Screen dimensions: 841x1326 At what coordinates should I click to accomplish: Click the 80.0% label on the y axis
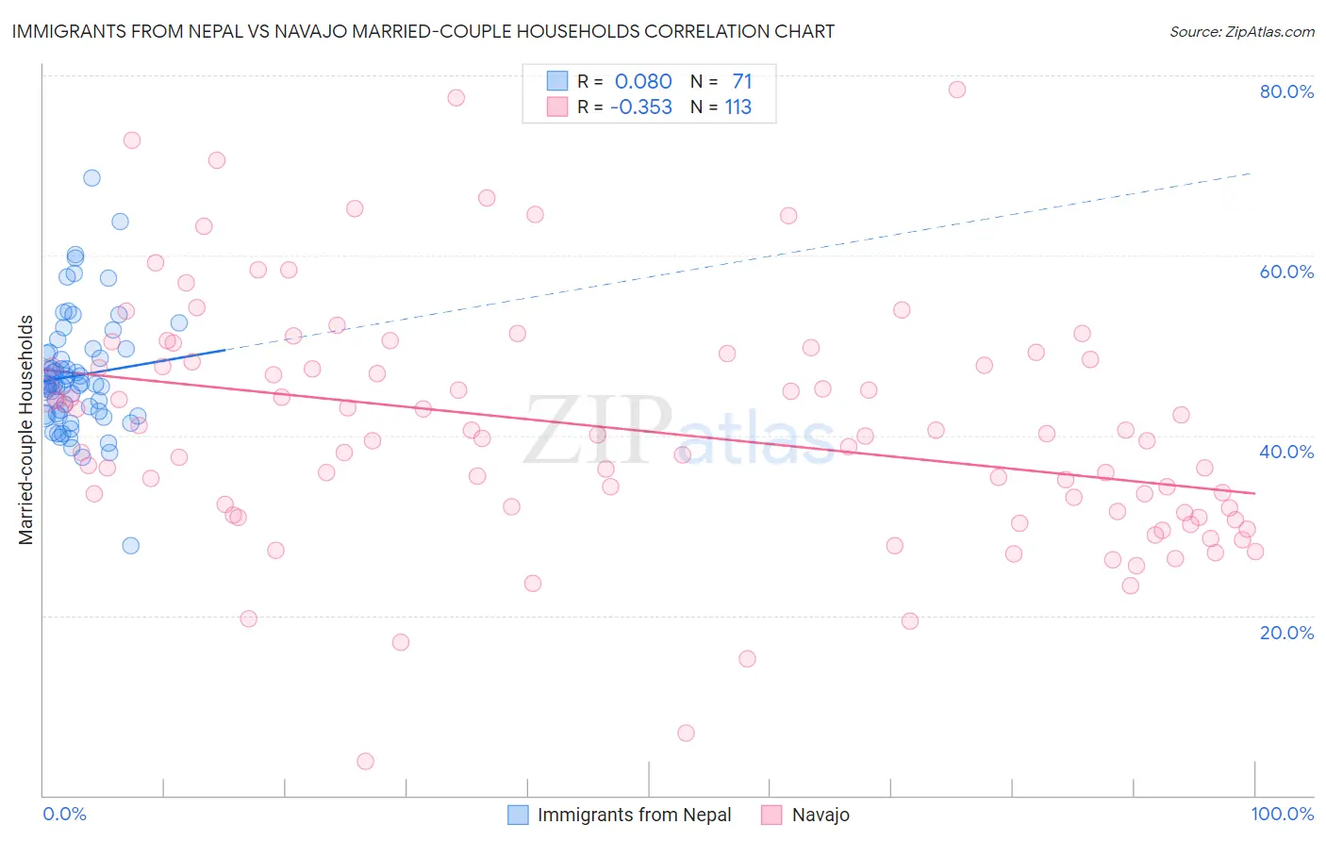tap(1286, 91)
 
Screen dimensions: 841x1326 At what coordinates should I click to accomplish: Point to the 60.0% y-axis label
tap(1286, 272)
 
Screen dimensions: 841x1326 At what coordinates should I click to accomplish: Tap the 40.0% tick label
tap(1286, 452)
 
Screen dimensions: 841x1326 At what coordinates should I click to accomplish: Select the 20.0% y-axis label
tap(1286, 632)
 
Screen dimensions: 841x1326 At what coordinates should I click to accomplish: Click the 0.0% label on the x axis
tap(64, 814)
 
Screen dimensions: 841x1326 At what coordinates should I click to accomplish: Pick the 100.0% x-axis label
tap(1282, 814)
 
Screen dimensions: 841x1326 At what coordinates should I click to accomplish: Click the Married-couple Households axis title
tap(26, 430)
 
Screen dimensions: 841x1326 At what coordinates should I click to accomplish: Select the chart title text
tap(423, 31)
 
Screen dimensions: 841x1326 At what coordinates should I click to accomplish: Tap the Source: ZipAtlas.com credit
tap(1241, 32)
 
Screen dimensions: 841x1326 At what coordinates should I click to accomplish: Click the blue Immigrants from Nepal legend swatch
tap(518, 815)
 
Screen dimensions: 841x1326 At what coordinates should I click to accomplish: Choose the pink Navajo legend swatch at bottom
tap(772, 815)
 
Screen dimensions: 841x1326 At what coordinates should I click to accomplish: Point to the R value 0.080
tap(643, 82)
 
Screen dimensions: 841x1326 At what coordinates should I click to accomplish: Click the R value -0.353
tap(641, 107)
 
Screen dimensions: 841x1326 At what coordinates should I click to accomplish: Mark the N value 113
tap(738, 107)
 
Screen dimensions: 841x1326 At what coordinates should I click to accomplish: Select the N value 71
tap(741, 82)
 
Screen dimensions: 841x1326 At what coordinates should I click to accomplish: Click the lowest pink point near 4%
tap(365, 761)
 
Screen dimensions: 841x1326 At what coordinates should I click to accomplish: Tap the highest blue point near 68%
tap(91, 178)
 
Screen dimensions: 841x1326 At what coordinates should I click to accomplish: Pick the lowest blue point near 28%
tap(131, 546)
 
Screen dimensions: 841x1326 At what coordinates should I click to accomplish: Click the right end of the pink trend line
tap(1254, 493)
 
